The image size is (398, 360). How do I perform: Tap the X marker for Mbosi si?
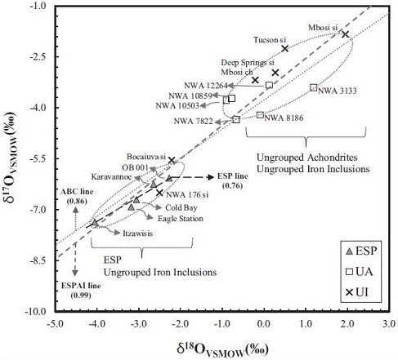pyautogui.click(x=345, y=33)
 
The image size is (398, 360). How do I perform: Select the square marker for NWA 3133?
pyautogui.click(x=314, y=87)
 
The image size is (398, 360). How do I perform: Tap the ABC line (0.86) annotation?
pyautogui.click(x=74, y=195)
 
